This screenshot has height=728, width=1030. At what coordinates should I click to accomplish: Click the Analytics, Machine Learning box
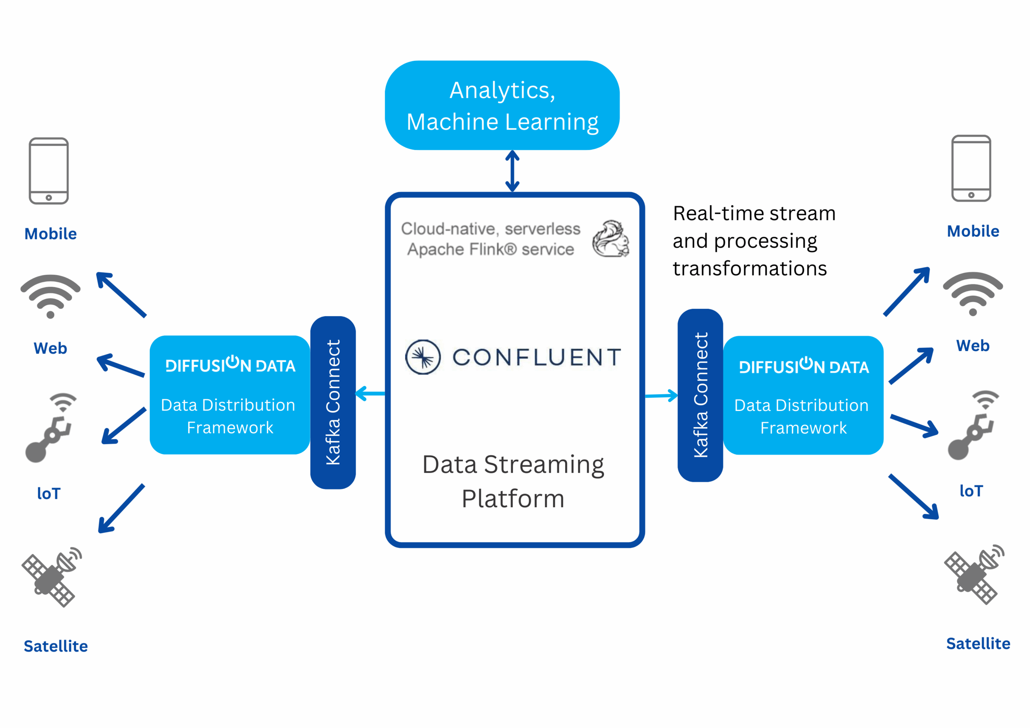pyautogui.click(x=502, y=105)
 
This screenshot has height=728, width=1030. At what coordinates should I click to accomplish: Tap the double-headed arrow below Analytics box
pyautogui.click(x=512, y=171)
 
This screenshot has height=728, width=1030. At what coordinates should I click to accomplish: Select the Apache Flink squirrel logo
pyautogui.click(x=610, y=239)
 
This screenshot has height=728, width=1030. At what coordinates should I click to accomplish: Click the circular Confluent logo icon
pyautogui.click(x=422, y=357)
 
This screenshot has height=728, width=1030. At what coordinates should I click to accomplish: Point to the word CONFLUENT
pyautogui.click(x=537, y=358)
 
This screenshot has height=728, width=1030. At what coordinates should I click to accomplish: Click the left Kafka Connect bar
pyautogui.click(x=333, y=402)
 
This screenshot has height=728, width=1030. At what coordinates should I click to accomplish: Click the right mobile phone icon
pyautogui.click(x=971, y=168)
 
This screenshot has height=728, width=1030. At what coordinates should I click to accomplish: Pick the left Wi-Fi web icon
pyautogui.click(x=50, y=295)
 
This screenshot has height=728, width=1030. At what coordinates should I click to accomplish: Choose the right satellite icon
pyautogui.click(x=974, y=574)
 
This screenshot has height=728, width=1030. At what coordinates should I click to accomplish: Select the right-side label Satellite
pyautogui.click(x=978, y=643)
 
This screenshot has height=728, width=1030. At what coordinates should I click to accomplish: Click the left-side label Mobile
pyautogui.click(x=51, y=234)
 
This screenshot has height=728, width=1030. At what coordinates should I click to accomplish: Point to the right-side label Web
pyautogui.click(x=972, y=345)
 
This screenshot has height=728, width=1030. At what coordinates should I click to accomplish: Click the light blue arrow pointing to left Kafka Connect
pyautogui.click(x=370, y=393)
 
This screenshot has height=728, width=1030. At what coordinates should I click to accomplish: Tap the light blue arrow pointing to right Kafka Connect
pyautogui.click(x=661, y=396)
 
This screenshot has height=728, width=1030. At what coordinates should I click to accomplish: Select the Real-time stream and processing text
pyautogui.click(x=754, y=241)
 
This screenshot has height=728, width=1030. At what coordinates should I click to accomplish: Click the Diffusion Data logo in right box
pyautogui.click(x=803, y=366)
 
